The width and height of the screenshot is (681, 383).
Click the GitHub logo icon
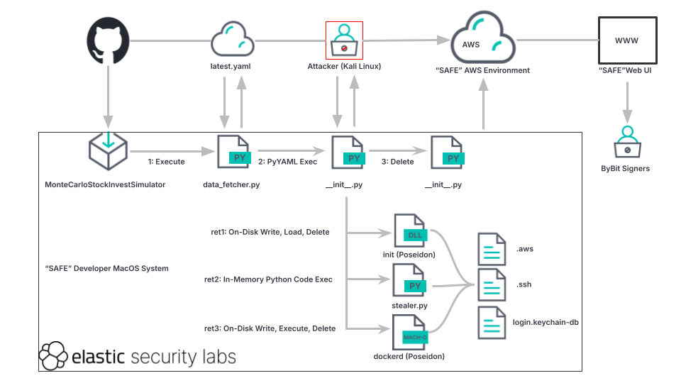tap(107, 40)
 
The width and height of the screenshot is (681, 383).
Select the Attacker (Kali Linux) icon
tap(344, 40)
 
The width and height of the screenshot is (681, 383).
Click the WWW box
tap(626, 40)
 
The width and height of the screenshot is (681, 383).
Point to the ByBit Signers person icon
tap(626, 141)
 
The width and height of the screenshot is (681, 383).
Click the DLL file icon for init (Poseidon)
tap(410, 230)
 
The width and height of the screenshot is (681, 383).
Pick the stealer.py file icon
tap(410, 281)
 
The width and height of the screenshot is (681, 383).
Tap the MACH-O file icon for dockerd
tap(410, 332)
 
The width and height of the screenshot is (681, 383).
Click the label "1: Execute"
tap(166, 162)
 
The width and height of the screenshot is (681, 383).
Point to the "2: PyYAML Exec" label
tap(287, 162)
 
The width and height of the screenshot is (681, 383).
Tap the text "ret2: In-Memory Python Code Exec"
tap(268, 279)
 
